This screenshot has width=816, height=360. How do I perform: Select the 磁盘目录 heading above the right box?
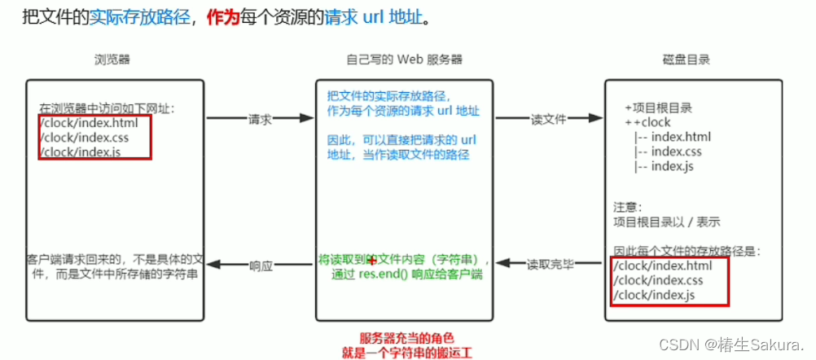tap(687, 60)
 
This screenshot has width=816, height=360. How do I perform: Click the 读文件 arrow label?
tap(548, 119)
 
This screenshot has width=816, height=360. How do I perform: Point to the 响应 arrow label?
tap(260, 266)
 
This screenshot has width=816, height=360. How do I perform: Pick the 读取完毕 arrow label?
tap(550, 265)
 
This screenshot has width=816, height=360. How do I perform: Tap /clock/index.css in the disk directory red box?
tap(660, 280)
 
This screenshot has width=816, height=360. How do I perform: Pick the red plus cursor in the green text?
tap(372, 261)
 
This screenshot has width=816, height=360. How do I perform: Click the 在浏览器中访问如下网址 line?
tap(107, 108)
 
